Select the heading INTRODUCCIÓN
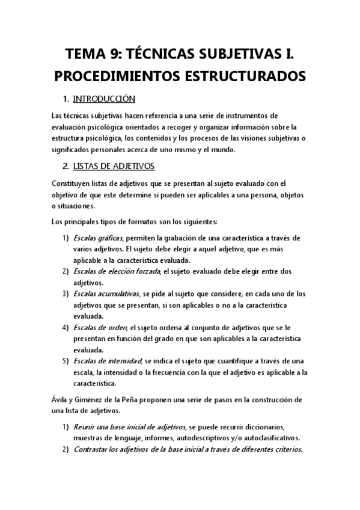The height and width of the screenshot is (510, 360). pyautogui.click(x=103, y=99)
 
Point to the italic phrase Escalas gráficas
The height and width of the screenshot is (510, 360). pyautogui.click(x=98, y=238)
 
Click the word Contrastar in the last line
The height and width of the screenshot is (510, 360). pyautogui.click(x=93, y=449)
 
